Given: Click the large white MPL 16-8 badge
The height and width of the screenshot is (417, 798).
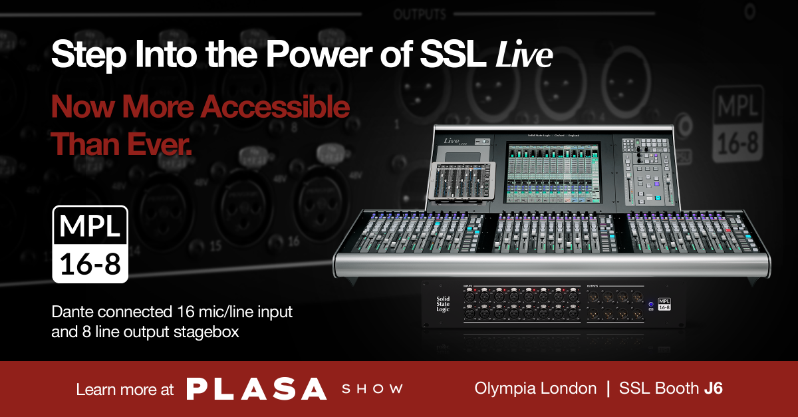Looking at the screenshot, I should [90, 244].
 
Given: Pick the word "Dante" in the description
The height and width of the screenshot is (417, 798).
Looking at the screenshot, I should [71, 311].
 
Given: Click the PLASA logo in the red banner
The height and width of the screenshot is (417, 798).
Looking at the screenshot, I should [256, 388].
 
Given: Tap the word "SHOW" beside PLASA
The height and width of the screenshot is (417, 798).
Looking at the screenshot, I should [372, 389].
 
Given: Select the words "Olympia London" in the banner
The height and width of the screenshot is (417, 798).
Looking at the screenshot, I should [535, 389].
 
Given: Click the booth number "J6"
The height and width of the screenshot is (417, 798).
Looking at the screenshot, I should [712, 389].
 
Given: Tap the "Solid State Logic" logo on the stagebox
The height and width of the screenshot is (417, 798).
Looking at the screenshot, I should [443, 304].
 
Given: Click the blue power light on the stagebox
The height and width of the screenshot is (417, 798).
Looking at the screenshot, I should [650, 305].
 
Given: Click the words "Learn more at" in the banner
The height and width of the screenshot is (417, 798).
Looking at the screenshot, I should [125, 389].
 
